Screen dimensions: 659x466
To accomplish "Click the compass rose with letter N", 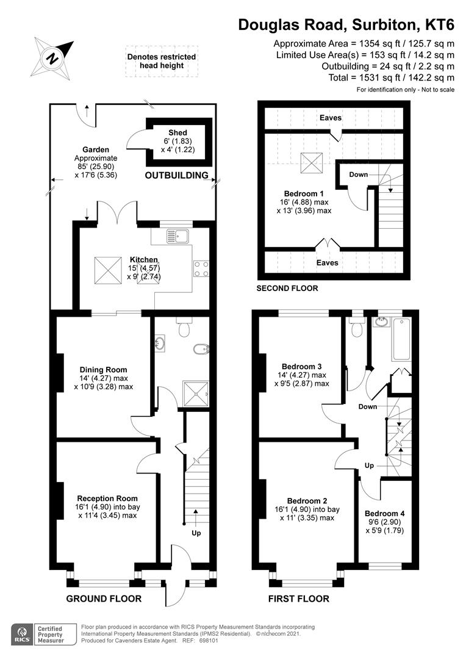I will click(53, 58).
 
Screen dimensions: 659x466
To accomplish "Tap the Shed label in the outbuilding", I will click(178, 132).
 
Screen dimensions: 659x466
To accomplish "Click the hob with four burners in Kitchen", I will click(201, 268).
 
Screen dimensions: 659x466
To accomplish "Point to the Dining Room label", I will click(104, 369).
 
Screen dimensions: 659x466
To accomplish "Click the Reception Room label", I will click(107, 498).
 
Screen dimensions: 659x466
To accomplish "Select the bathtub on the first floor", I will click(402, 339).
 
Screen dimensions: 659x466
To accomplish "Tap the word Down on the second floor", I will click(359, 175).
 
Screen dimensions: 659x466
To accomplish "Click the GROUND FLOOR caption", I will click(104, 599).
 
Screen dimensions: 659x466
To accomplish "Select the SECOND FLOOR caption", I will click(287, 288).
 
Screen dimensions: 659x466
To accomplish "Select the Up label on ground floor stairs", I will click(196, 533).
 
